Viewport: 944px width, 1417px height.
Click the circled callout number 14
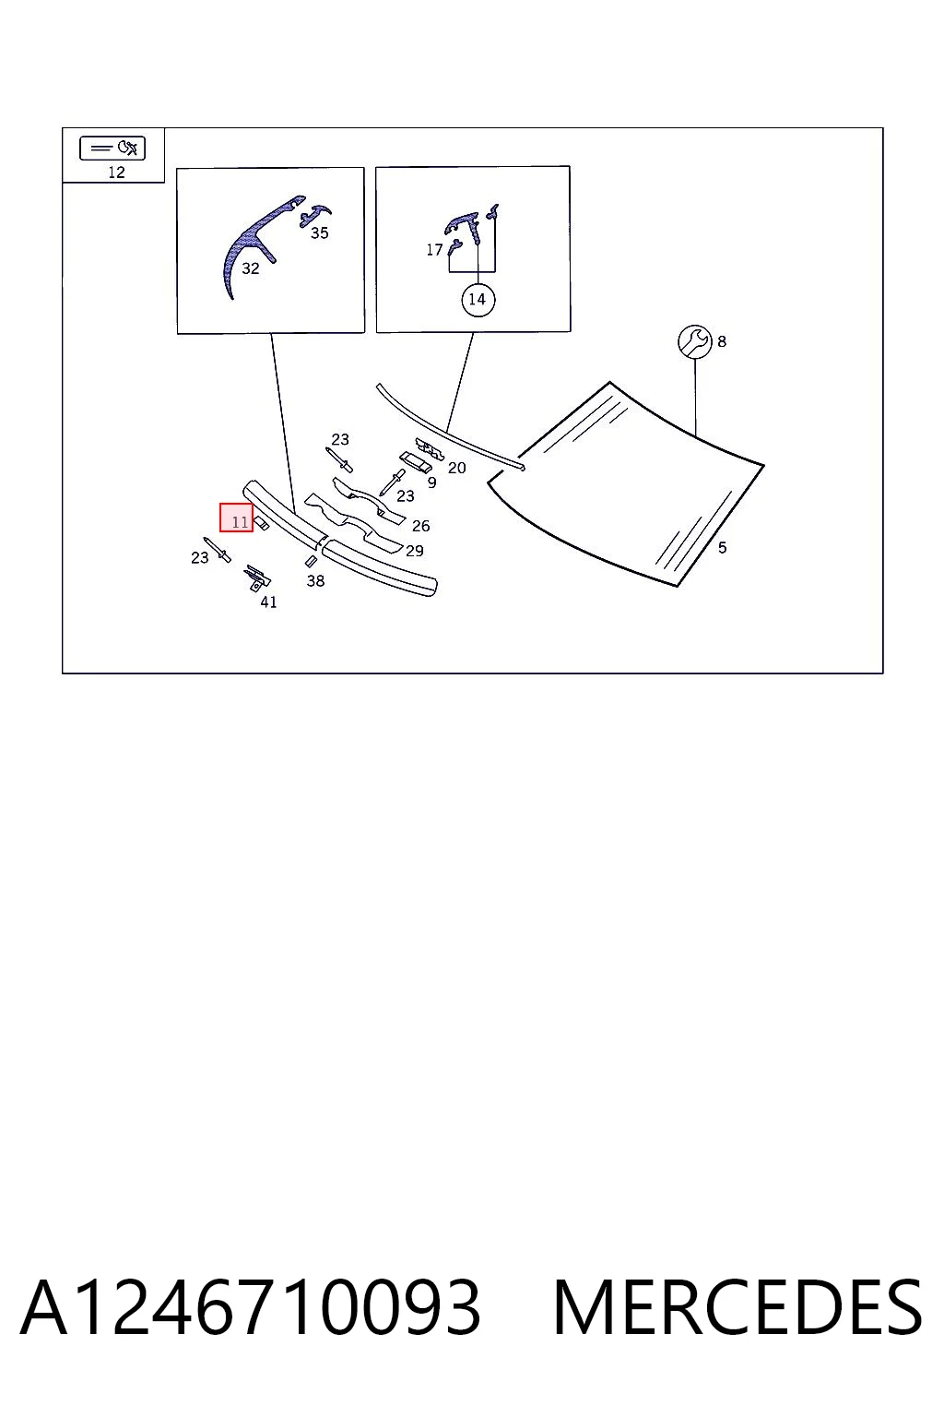click(x=478, y=299)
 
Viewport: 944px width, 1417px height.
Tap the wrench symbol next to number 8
click(x=694, y=341)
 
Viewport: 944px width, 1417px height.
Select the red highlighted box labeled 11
click(x=237, y=518)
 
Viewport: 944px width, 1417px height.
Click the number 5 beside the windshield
click(x=722, y=548)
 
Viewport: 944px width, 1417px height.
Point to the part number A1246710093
click(x=251, y=1307)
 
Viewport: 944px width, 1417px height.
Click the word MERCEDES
click(x=737, y=1307)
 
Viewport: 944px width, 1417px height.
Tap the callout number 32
click(x=251, y=268)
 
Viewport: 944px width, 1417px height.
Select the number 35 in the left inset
click(x=319, y=232)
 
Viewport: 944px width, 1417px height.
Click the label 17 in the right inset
click(x=434, y=250)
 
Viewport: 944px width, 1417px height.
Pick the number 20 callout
click(x=456, y=468)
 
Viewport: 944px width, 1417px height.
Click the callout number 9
click(x=431, y=482)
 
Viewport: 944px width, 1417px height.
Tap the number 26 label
click(x=420, y=525)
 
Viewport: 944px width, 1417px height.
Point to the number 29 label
click(x=414, y=551)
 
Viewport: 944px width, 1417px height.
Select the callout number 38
click(x=315, y=580)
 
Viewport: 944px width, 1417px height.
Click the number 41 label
click(x=268, y=601)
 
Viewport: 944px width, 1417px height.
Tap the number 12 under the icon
click(x=116, y=173)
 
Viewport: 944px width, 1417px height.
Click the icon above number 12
click(x=112, y=148)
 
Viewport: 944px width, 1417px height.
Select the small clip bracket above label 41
click(x=257, y=577)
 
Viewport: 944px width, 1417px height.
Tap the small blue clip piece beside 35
click(x=315, y=215)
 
